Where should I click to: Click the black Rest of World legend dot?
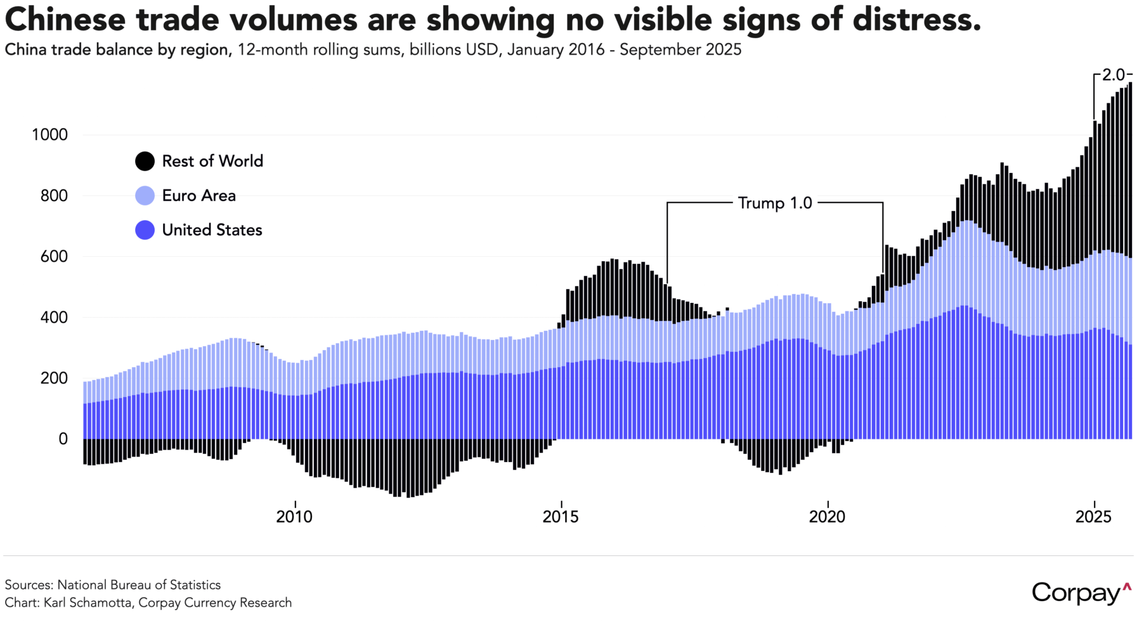click(145, 161)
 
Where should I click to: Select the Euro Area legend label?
click(198, 195)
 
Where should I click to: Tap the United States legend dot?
click(145, 230)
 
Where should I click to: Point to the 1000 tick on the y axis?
click(49, 134)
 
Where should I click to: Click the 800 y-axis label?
click(54, 195)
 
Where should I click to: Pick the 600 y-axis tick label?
click(54, 256)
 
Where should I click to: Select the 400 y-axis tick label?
click(54, 317)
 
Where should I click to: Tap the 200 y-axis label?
click(54, 378)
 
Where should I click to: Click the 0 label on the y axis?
click(63, 439)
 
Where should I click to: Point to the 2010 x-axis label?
click(294, 517)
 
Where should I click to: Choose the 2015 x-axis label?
click(561, 517)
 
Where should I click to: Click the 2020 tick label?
click(827, 517)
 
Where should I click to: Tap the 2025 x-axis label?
click(1093, 517)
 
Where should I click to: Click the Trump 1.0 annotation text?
click(775, 203)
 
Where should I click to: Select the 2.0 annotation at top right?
click(1113, 75)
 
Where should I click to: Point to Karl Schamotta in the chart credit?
click(88, 602)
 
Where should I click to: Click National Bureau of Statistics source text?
click(139, 585)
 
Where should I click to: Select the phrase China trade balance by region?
click(118, 49)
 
